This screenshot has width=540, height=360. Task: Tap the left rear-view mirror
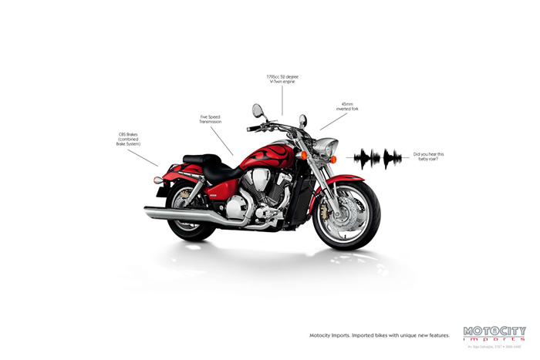tap(257, 112)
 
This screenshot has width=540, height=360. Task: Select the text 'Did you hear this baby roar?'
tap(428, 156)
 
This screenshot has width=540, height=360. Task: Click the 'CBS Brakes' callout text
tap(127, 139)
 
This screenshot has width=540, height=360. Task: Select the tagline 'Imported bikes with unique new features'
tap(379, 335)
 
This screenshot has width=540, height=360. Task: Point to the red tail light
tap(158, 180)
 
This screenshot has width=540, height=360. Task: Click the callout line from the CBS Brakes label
tap(143, 157)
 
